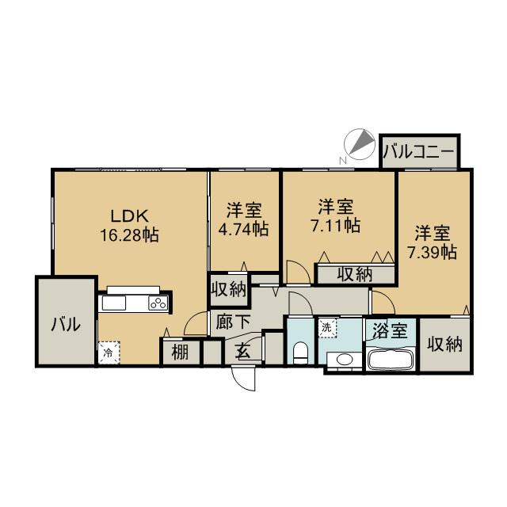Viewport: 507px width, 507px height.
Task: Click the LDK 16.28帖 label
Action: coord(129,225)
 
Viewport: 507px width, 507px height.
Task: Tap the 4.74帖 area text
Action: coord(244,229)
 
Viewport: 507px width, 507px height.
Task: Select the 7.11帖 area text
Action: coord(336,225)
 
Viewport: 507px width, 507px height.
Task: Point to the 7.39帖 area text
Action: coord(432,252)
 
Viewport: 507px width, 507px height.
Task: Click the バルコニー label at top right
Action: coord(419,151)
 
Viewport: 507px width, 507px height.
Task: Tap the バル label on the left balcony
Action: coord(66,324)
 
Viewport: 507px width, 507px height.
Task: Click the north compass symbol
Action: coord(359,145)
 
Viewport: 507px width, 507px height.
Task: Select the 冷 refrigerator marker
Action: coord(109,353)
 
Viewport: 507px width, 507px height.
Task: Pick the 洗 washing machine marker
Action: coord(327,328)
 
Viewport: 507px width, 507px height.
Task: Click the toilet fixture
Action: coord(301,353)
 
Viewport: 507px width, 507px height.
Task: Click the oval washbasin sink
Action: coord(345,359)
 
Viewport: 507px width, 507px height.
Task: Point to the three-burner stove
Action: coord(158,303)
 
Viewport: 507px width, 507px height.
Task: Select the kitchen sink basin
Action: coord(114,303)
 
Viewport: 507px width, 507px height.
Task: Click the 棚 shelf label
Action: coord(180,352)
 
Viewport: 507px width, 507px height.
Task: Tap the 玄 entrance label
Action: coord(244,352)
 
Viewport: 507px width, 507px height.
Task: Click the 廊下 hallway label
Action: coord(233,322)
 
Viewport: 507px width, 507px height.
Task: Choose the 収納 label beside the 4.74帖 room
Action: coord(229,288)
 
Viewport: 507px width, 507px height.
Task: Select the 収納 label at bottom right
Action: coord(445,345)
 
